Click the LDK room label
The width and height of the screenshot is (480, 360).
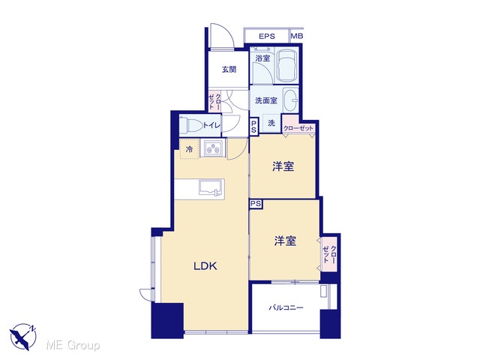[x=205, y=265]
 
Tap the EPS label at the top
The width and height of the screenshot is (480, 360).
[x=267, y=36]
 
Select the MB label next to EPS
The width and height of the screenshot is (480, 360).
[x=297, y=36]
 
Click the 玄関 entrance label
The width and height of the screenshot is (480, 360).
[x=229, y=70]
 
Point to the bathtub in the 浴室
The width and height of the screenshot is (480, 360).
[x=287, y=65]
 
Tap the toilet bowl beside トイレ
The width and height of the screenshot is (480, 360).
[x=190, y=125]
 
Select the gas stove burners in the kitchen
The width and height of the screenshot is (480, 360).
[x=213, y=148]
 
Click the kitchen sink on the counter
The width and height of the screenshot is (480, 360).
[x=210, y=187]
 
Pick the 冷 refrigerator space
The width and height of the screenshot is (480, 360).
[x=190, y=149]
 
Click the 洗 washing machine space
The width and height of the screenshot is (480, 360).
[x=271, y=123]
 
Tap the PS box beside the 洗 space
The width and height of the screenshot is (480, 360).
[x=253, y=127]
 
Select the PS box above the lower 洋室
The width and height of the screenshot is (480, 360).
[x=256, y=204]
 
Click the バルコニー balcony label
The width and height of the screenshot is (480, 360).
[x=286, y=307]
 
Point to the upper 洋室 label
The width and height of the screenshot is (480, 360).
[x=283, y=166]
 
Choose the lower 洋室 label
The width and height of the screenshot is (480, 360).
[x=285, y=241]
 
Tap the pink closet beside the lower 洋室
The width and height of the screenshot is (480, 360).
[x=329, y=254]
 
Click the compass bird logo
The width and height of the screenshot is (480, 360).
[x=22, y=337]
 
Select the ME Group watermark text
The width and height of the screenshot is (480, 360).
[x=73, y=345]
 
